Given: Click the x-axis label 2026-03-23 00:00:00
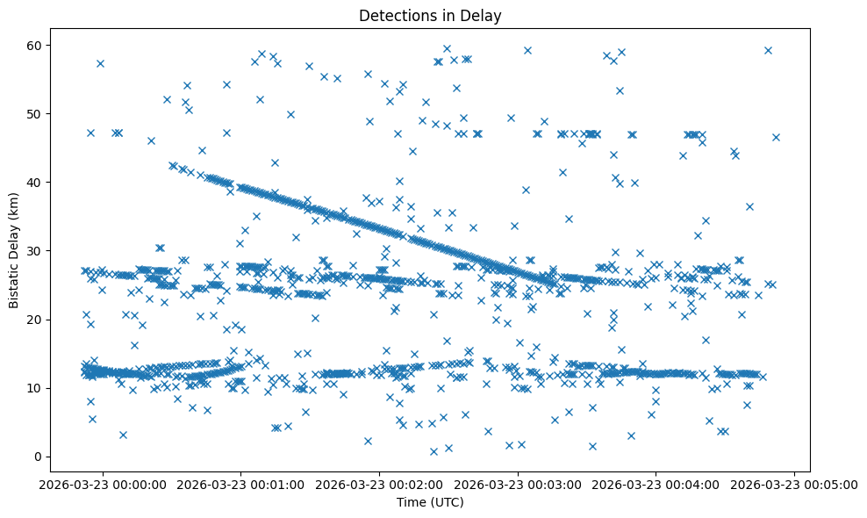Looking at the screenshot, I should coord(104,484).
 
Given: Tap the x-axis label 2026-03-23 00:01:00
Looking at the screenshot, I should coord(241,484).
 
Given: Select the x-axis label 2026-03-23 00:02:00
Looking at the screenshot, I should coord(380,484).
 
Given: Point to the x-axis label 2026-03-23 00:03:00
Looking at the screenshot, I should coord(518,484).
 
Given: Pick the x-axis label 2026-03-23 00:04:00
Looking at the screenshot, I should coord(656,484).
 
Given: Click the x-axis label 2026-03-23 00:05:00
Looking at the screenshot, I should coord(795,484).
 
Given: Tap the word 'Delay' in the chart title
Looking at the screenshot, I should coord(478,15).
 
